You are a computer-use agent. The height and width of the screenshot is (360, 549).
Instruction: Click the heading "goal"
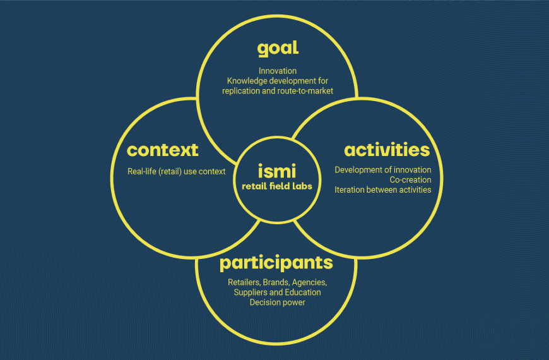click(278, 49)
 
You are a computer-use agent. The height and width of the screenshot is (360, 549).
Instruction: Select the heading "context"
click(162, 150)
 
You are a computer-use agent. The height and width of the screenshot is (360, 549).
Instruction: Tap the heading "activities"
click(386, 150)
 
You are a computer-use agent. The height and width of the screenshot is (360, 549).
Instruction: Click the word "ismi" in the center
click(276, 171)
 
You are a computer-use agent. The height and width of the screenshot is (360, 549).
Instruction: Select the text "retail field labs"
click(276, 186)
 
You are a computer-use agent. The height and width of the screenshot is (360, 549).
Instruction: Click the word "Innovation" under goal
click(278, 71)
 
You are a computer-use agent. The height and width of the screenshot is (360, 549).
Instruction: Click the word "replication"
click(241, 91)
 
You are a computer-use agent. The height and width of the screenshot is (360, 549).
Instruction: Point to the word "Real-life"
click(144, 171)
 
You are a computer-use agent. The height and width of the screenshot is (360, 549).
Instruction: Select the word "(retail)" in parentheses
click(172, 171)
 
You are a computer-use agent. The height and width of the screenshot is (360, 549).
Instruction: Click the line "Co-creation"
click(410, 180)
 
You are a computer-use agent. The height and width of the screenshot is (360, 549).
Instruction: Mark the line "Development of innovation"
click(383, 170)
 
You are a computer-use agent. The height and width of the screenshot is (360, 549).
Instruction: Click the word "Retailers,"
click(244, 282)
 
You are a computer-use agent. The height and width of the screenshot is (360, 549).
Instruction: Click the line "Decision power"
click(277, 303)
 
